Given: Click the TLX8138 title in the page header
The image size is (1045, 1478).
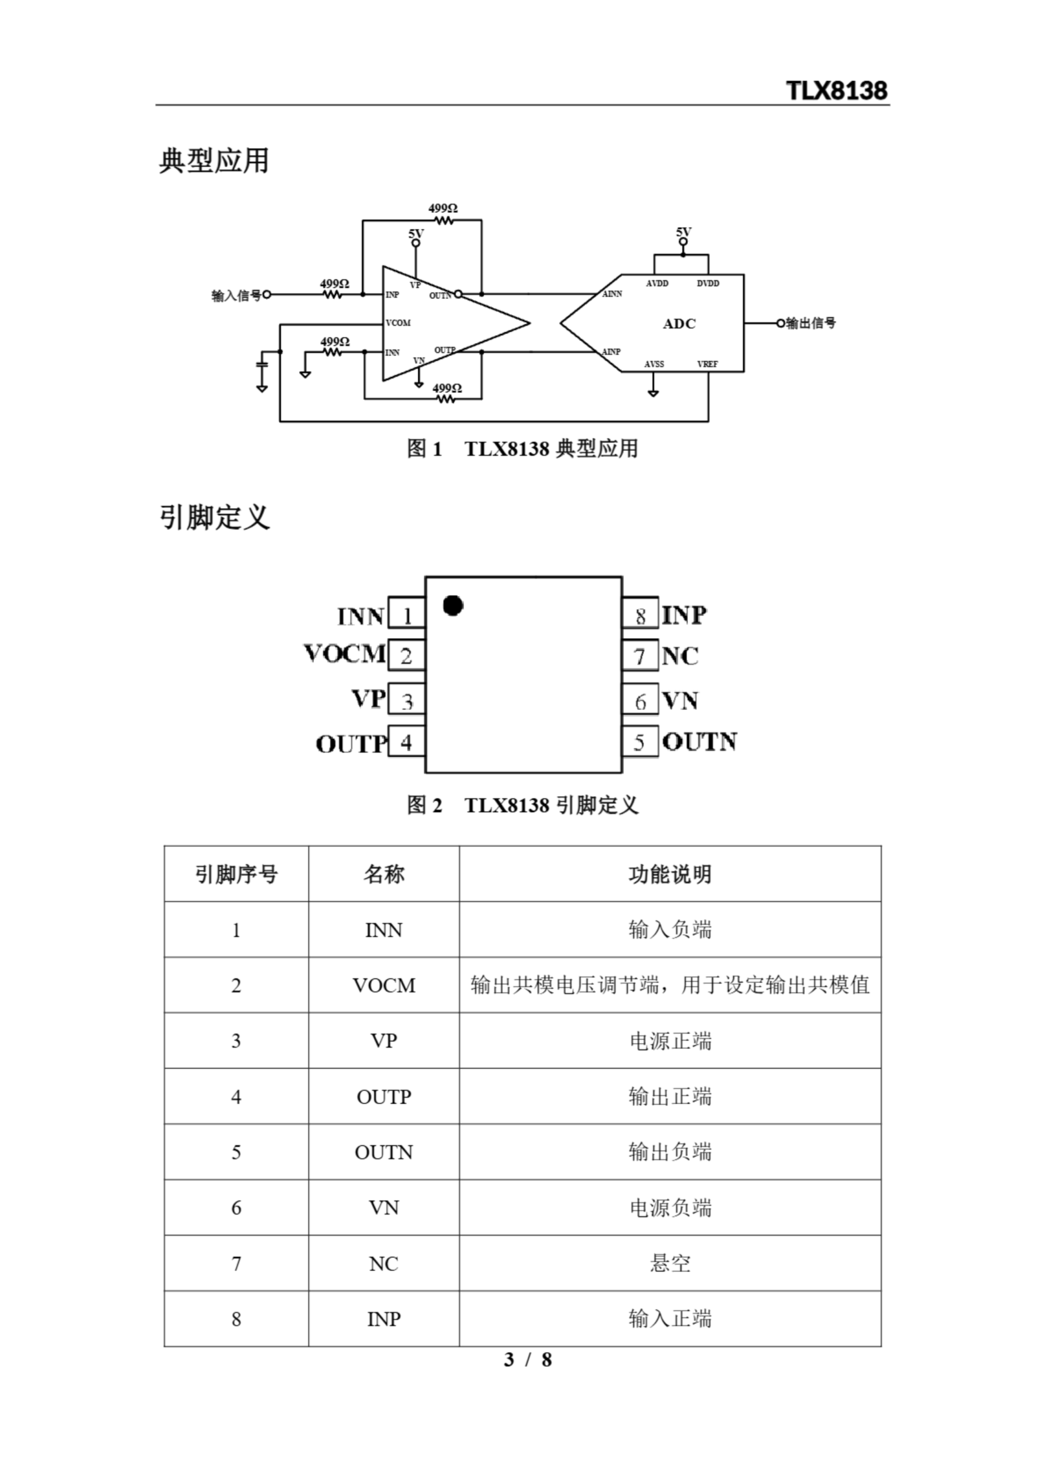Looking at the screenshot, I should click(x=837, y=91).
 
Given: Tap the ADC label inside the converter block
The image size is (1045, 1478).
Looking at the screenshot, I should click(x=680, y=324).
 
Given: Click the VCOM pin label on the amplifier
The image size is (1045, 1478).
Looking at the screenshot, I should click(x=398, y=323).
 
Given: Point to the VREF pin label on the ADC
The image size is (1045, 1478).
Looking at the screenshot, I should click(x=707, y=364).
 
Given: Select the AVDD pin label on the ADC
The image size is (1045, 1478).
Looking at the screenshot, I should click(x=657, y=284).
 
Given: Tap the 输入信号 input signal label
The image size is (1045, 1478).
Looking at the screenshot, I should click(x=236, y=296).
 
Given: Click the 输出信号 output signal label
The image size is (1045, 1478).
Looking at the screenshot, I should click(x=811, y=323).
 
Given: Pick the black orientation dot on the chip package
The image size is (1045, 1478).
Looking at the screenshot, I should click(x=453, y=606).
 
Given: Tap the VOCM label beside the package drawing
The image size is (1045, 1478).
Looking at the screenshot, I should click(x=345, y=654).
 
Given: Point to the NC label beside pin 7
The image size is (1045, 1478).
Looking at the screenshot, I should click(x=680, y=656).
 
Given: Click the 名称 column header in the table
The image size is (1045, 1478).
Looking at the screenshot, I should click(x=384, y=874).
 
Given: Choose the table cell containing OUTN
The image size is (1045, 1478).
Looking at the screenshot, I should click(x=384, y=1152).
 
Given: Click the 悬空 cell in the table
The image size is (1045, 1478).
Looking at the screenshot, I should click(x=670, y=1264).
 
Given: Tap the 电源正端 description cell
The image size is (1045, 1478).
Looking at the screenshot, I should click(x=670, y=1042).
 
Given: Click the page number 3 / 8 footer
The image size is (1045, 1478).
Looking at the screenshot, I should click(x=527, y=1360).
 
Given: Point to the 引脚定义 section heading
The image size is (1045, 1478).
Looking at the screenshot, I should click(x=214, y=517).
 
